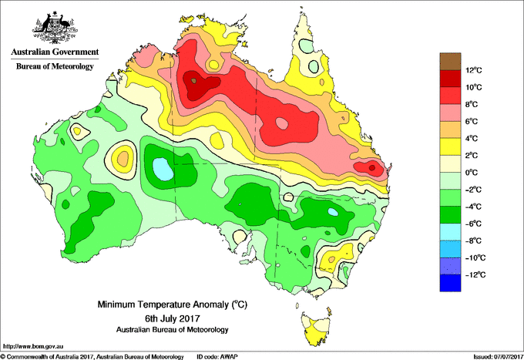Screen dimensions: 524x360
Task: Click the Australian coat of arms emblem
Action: click(x=55, y=28)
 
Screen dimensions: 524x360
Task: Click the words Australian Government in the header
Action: click(x=55, y=52)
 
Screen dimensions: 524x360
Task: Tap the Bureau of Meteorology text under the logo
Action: click(x=55, y=66)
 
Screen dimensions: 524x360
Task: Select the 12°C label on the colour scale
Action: click(x=474, y=70)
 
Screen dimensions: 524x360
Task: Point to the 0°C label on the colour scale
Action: click(x=472, y=173)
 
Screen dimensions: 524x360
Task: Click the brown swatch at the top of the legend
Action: click(x=450, y=62)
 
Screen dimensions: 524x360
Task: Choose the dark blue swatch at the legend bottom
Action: click(x=450, y=283)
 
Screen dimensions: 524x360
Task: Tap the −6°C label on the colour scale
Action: click(x=474, y=224)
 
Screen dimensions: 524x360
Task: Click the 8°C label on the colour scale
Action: click(x=472, y=104)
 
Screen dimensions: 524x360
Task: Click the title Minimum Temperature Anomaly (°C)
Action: click(x=173, y=304)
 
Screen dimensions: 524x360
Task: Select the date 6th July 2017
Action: click(x=173, y=318)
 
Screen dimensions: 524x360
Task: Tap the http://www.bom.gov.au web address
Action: click(x=33, y=346)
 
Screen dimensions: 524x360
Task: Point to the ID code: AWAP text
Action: click(x=217, y=357)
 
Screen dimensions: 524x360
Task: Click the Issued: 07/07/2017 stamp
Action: click(x=499, y=357)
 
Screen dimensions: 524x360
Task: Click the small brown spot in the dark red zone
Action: click(x=194, y=81)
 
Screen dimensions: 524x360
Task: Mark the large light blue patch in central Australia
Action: click(x=163, y=169)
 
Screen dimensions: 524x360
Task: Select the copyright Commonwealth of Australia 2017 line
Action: click(x=92, y=357)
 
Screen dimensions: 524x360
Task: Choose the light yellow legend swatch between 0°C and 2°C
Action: click(x=450, y=163)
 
